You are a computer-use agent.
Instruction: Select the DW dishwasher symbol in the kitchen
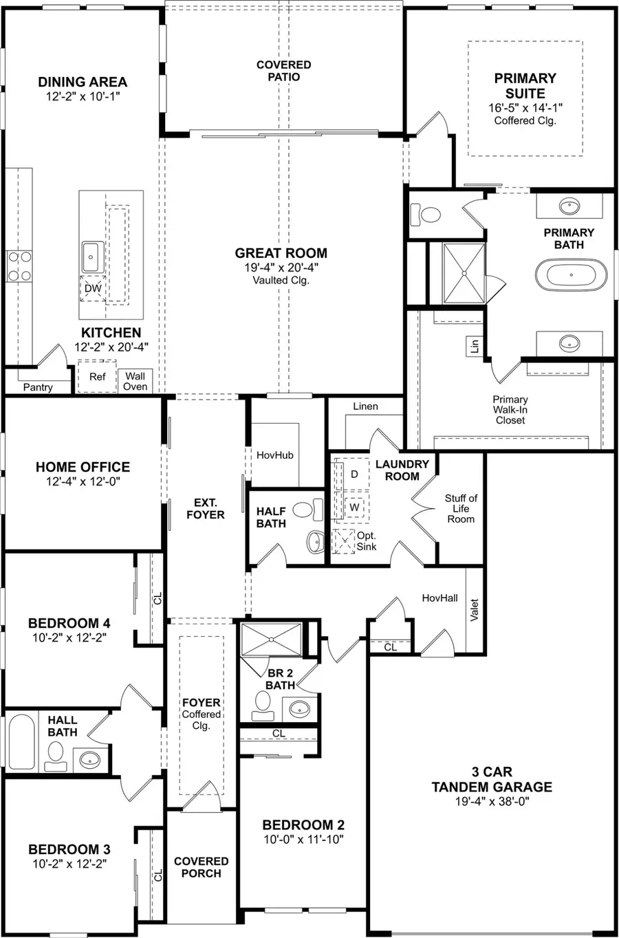pyautogui.click(x=93, y=289)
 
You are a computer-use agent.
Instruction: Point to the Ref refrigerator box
pyautogui.click(x=97, y=376)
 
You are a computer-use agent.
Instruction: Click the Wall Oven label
pyautogui.click(x=135, y=381)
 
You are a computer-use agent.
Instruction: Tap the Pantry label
pyautogui.click(x=38, y=387)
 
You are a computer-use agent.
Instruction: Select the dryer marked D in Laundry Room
pyautogui.click(x=354, y=474)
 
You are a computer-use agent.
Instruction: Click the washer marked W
pyautogui.click(x=354, y=507)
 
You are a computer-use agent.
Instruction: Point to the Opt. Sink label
pyautogui.click(x=366, y=541)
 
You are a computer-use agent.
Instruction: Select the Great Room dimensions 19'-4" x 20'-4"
pyautogui.click(x=281, y=268)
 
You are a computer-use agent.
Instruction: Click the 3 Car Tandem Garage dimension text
pyautogui.click(x=492, y=801)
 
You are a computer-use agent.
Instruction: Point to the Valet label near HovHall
pyautogui.click(x=474, y=611)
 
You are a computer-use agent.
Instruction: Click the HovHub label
pyautogui.click(x=275, y=455)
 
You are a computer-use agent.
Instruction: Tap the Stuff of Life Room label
pyautogui.click(x=461, y=508)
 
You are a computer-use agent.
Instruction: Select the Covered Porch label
pyautogui.click(x=202, y=866)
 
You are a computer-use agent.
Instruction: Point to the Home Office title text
pyautogui.click(x=83, y=467)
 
